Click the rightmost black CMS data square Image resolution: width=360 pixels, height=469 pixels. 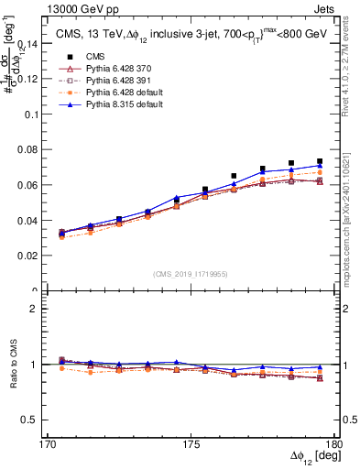point(319,161)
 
